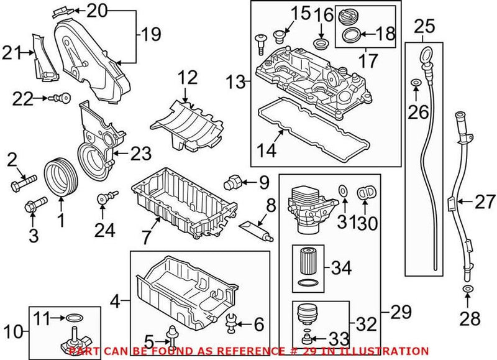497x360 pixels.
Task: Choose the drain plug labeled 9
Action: pyautogui.click(x=234, y=182)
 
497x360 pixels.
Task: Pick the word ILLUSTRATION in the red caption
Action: pyautogui.click(x=390, y=351)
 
